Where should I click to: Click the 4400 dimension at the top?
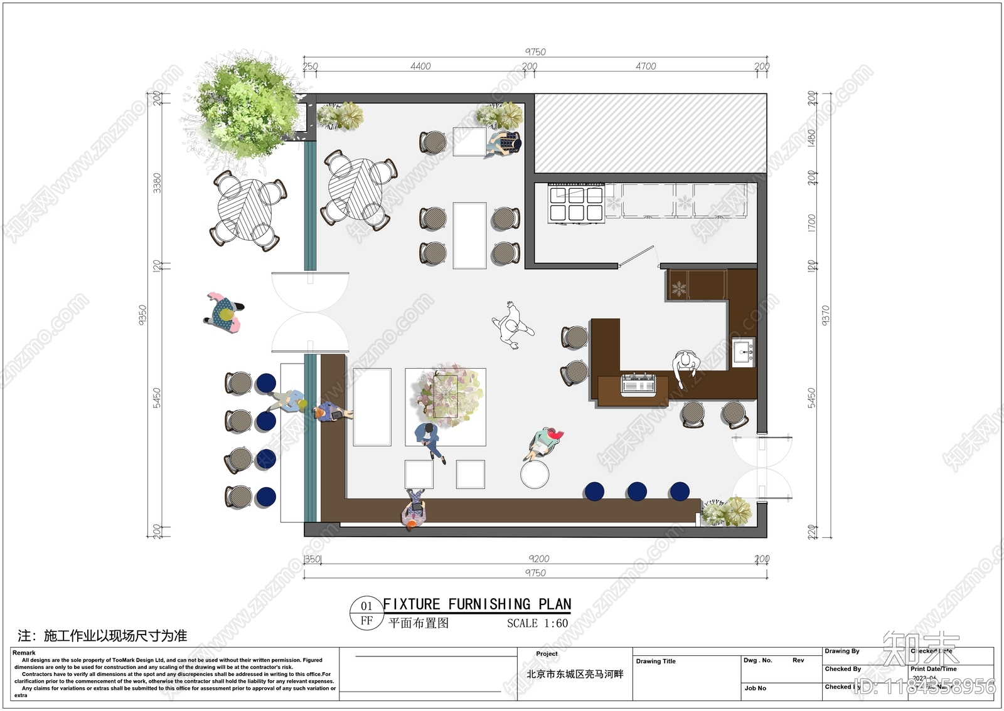[420, 66]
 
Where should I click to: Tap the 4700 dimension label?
[645, 66]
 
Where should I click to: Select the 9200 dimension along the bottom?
[538, 559]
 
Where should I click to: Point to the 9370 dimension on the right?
[825, 315]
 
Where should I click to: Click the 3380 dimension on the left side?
[157, 182]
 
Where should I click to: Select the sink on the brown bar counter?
[744, 352]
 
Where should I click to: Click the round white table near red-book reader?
[535, 475]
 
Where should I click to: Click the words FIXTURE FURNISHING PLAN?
[477, 604]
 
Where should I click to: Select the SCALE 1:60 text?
[537, 623]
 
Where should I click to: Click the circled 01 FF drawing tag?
[366, 613]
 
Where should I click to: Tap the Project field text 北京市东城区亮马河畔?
[575, 675]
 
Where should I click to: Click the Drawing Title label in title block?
[656, 661]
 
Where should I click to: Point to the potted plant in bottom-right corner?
[727, 511]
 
